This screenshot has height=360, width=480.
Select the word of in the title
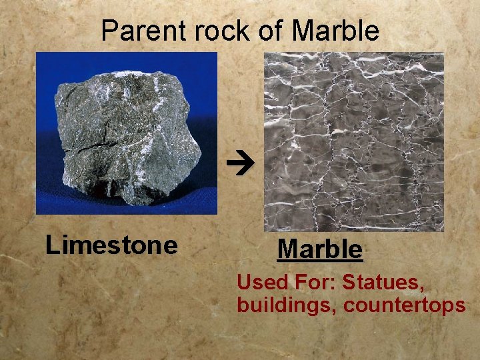271,31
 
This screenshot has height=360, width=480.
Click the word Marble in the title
335,31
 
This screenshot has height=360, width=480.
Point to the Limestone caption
111,245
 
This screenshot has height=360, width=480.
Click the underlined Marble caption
320,249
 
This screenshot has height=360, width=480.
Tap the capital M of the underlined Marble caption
287,249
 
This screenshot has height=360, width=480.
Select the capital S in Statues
348,283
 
